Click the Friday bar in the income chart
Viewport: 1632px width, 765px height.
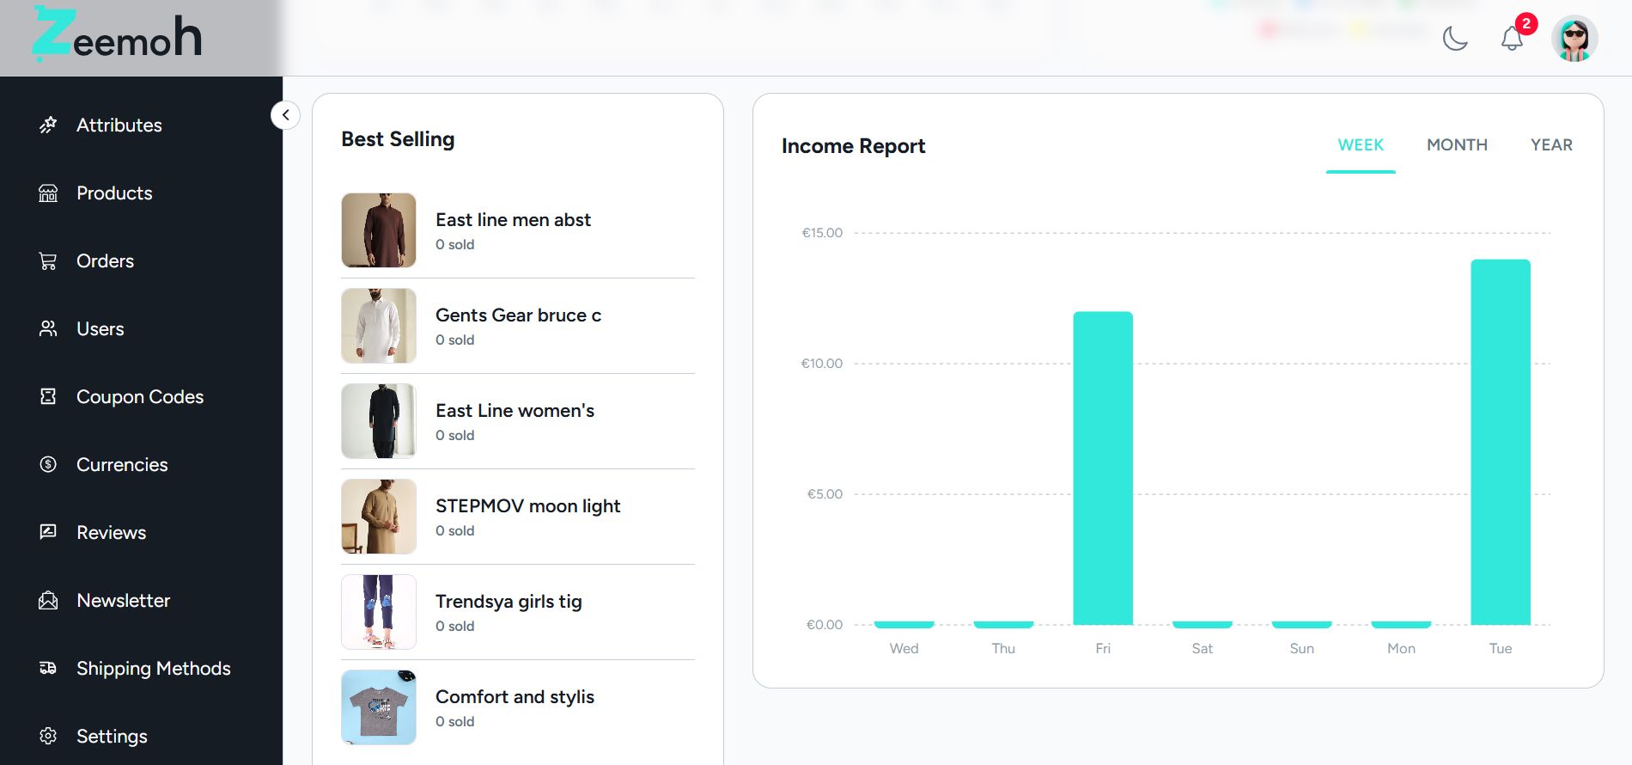tap(1103, 468)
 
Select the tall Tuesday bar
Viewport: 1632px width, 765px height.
tap(1500, 442)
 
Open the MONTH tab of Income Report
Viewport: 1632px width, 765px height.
tap(1457, 145)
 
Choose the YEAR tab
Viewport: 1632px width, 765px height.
tap(1551, 145)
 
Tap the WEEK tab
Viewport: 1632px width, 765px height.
tap(1361, 145)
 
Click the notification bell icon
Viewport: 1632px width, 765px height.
tap(1512, 39)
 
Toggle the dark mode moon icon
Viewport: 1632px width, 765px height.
tap(1455, 39)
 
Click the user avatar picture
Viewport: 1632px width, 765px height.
tap(1574, 39)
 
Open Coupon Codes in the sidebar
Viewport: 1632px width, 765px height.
tap(139, 396)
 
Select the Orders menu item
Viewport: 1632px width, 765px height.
tap(105, 260)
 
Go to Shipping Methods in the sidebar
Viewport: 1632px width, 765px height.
tap(153, 668)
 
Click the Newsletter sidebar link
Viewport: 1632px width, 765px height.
tap(123, 600)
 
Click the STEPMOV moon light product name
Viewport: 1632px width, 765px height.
tap(527, 506)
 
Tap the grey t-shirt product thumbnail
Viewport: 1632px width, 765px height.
tap(379, 707)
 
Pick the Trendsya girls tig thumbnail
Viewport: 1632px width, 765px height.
tap(379, 612)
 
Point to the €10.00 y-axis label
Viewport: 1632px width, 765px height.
tap(822, 364)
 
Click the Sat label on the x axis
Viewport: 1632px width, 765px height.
tap(1202, 648)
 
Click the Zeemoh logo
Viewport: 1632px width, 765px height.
tap(118, 36)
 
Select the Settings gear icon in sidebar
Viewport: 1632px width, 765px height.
tap(48, 736)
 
